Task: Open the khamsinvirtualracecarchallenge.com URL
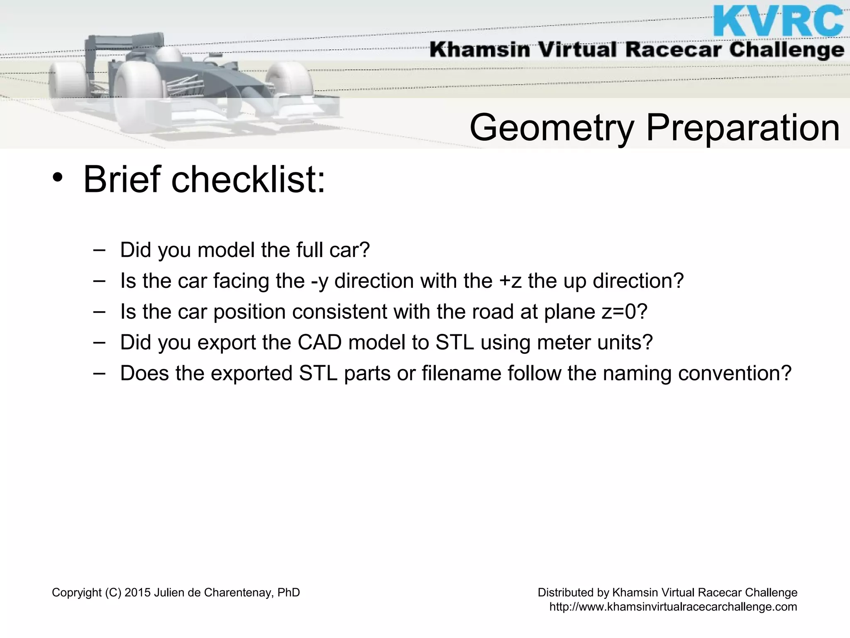coord(673,607)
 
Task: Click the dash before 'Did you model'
coord(99,250)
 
